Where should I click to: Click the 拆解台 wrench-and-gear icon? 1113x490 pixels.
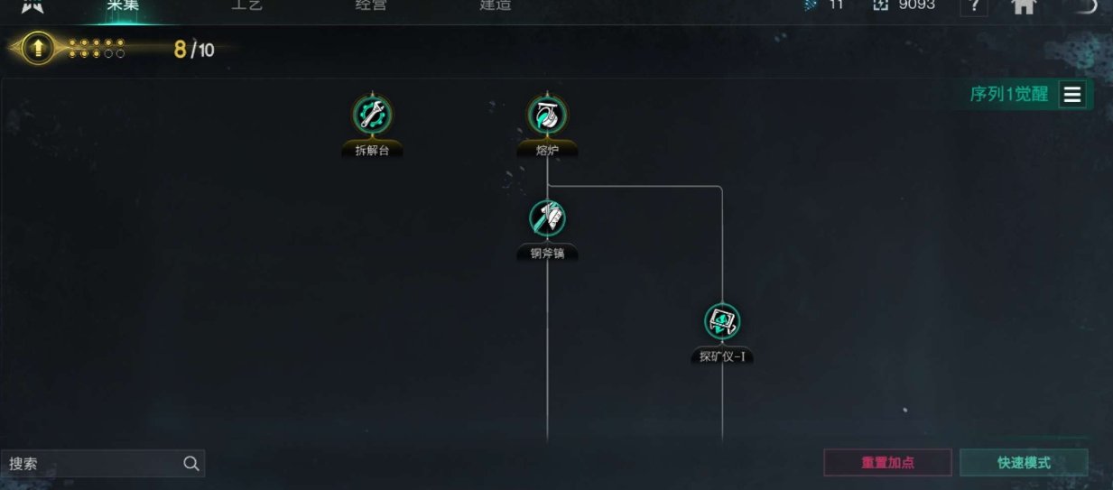pyautogui.click(x=372, y=115)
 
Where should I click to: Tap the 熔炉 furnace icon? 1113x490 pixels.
pyautogui.click(x=548, y=115)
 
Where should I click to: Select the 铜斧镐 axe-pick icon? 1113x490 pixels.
pyautogui.click(x=548, y=218)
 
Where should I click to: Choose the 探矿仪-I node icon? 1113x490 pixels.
pyautogui.click(x=722, y=321)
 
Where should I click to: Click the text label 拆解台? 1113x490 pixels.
pyautogui.click(x=372, y=151)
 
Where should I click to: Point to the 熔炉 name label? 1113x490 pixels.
pyautogui.click(x=548, y=151)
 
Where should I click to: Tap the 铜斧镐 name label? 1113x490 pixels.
pyautogui.click(x=548, y=254)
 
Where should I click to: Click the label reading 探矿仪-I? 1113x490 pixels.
pyautogui.click(x=722, y=356)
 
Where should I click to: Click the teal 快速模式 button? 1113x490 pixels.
pyautogui.click(x=1024, y=463)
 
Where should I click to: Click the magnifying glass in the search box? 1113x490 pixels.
pyautogui.click(x=191, y=464)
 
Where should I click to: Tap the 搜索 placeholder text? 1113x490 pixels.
pyautogui.click(x=24, y=464)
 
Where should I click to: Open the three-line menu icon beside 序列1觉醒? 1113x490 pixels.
pyautogui.click(x=1072, y=95)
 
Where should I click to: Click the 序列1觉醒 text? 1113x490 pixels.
pyautogui.click(x=1009, y=95)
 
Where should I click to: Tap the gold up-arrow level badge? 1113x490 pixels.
pyautogui.click(x=38, y=48)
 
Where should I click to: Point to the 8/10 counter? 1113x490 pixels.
pyautogui.click(x=194, y=50)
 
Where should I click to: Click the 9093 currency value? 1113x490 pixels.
pyautogui.click(x=916, y=5)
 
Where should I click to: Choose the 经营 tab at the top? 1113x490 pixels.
pyautogui.click(x=371, y=5)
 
